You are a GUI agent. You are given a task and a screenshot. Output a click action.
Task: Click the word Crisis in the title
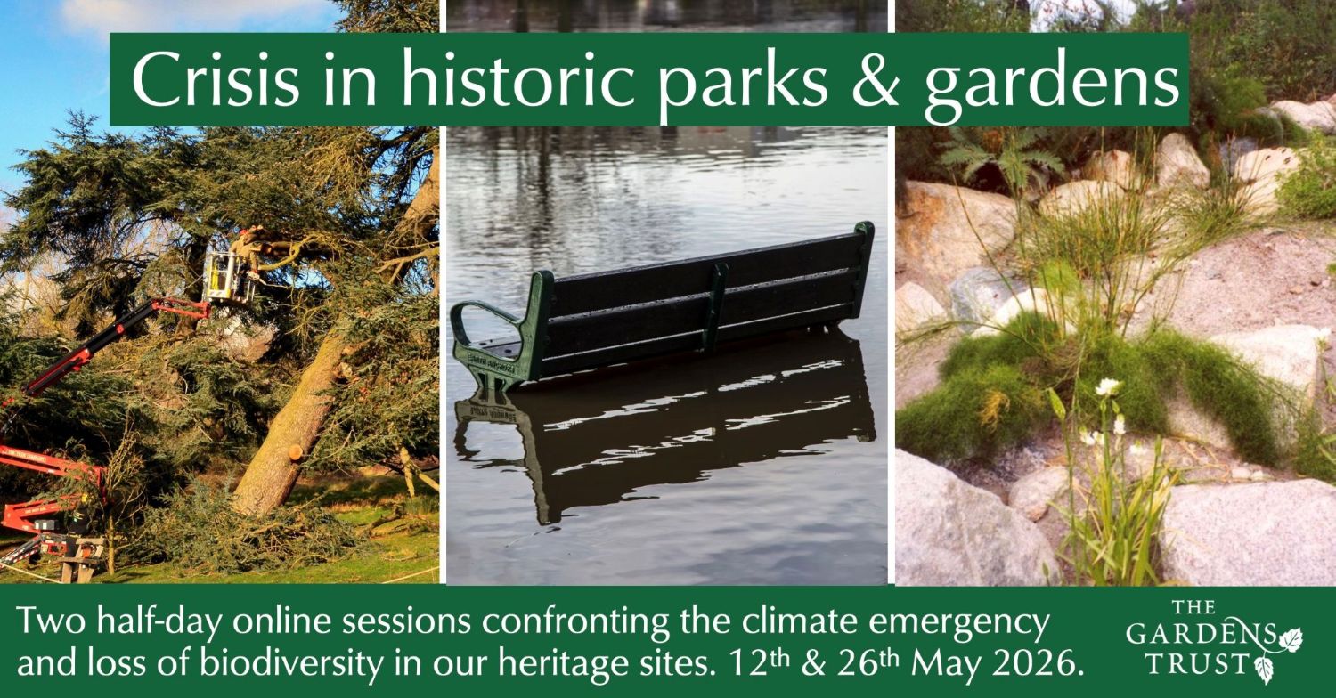tap(216, 79)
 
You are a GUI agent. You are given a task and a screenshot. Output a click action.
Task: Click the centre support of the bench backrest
tap(714, 307)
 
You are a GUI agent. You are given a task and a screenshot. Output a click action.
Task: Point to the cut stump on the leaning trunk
tap(296, 451)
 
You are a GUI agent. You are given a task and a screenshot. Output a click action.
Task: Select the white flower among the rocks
tap(1108, 387)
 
